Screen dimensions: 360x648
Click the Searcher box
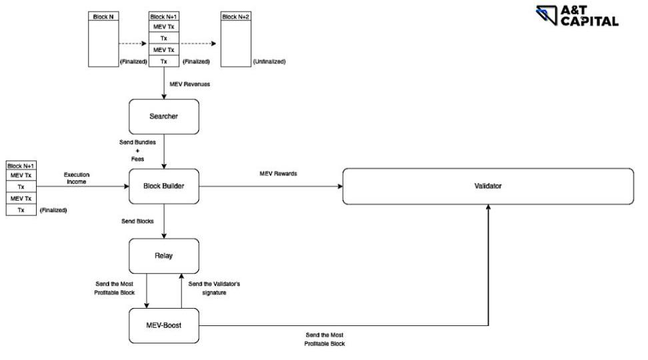coord(164,117)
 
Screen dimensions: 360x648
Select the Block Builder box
coord(164,186)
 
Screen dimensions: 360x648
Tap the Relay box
coord(164,255)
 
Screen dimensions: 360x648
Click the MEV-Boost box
coord(164,325)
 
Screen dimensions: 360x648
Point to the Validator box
coord(487,186)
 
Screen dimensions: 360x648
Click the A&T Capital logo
coord(577,15)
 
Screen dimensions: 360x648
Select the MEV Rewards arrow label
coord(279,173)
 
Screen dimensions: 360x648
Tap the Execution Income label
coord(77,178)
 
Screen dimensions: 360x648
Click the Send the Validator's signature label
coord(214,288)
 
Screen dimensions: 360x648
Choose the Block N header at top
coord(102,16)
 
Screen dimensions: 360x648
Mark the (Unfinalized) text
coord(269,61)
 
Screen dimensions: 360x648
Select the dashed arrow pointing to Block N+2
coord(199,43)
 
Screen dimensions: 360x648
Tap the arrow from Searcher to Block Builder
coord(164,151)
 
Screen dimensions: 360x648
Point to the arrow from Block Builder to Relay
coord(164,221)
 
